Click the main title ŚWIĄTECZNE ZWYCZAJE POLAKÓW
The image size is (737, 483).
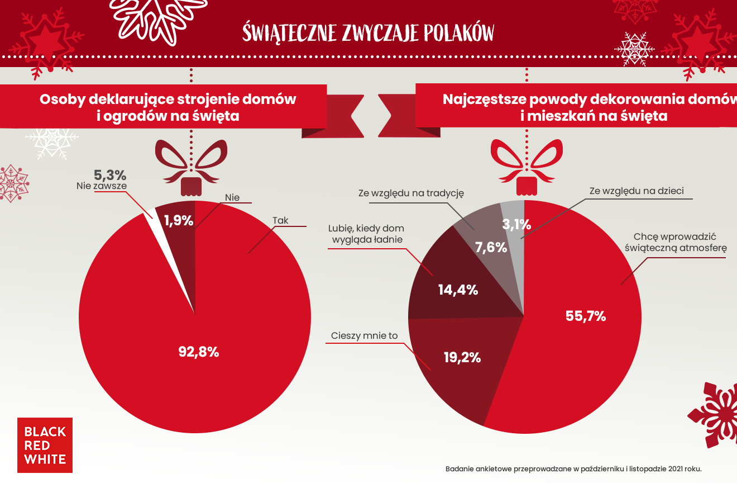point(368,32)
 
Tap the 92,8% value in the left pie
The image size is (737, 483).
point(198,352)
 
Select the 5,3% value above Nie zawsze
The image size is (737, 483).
point(109,174)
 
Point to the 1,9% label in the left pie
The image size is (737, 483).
point(179,221)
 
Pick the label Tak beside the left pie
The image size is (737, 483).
point(280,220)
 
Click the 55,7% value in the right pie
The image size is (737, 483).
point(586,316)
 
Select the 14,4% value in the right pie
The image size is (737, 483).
point(458,290)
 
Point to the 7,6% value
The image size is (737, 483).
point(491,247)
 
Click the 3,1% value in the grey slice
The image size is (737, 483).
point(516,225)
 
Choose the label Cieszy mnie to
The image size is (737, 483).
point(364,335)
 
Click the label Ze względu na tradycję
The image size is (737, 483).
point(411,193)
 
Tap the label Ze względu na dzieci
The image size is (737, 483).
point(636,191)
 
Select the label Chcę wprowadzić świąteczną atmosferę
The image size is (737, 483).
point(678,242)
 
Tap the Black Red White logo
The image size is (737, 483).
point(45,445)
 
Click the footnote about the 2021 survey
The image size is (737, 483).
point(573,468)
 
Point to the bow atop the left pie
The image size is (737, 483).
point(191,162)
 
